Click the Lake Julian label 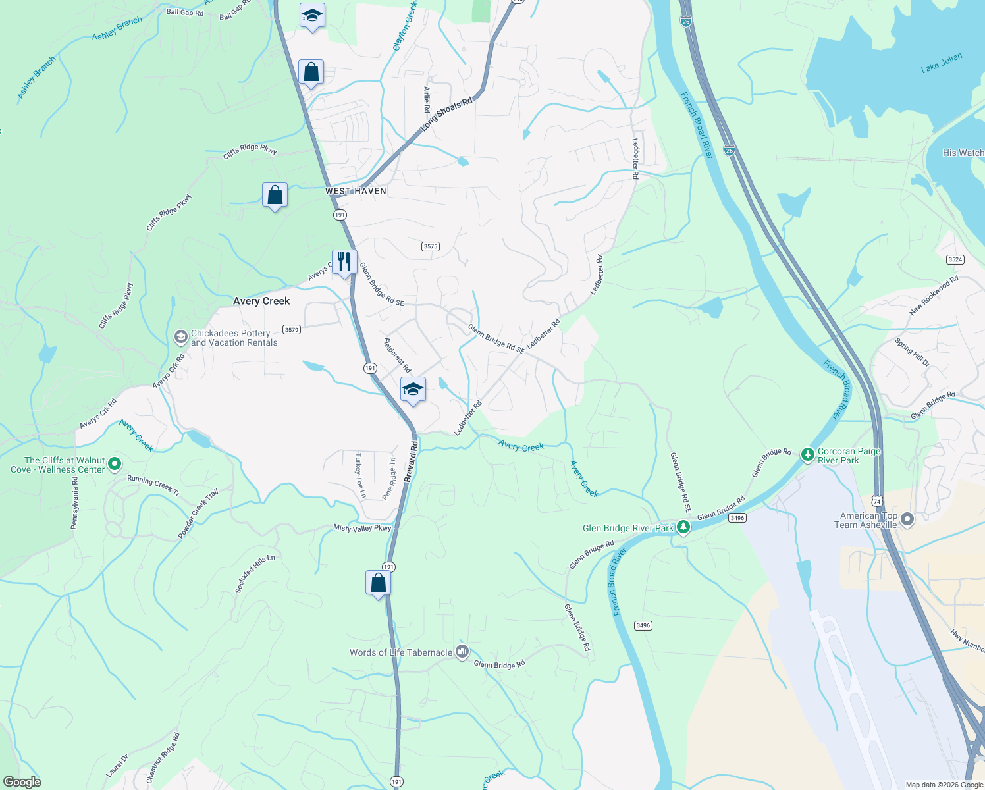[x=941, y=63]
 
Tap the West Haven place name [x=356, y=191]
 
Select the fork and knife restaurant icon [x=344, y=262]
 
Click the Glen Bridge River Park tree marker [x=683, y=527]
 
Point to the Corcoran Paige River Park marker [x=807, y=454]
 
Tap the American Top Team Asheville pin [x=907, y=520]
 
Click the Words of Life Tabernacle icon [x=462, y=652]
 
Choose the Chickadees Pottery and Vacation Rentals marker [x=180, y=338]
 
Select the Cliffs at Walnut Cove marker [x=115, y=464]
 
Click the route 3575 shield [x=430, y=246]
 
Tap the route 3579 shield [x=291, y=329]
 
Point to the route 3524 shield [x=955, y=259]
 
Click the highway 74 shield [x=877, y=502]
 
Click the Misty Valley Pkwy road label [x=362, y=528]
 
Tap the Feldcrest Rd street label [x=397, y=355]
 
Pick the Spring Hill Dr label [x=912, y=352]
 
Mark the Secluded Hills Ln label [x=255, y=573]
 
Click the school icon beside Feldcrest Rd [x=413, y=390]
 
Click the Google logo [x=22, y=782]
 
